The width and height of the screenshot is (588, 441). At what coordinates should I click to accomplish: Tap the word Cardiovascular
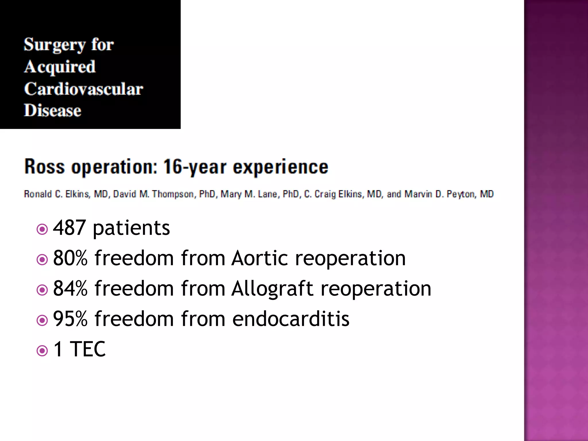[83, 89]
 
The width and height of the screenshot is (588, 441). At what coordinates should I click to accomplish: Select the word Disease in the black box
[53, 111]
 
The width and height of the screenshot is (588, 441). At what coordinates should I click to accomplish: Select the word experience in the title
[280, 167]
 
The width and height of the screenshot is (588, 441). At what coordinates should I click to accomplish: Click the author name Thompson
[173, 194]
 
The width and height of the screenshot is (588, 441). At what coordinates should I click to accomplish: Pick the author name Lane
[267, 194]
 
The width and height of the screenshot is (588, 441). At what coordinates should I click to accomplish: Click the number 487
[69, 228]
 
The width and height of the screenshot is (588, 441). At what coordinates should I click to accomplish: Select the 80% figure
[70, 258]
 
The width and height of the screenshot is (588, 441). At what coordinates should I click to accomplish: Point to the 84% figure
[70, 289]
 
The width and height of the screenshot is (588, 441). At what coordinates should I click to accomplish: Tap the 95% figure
[70, 319]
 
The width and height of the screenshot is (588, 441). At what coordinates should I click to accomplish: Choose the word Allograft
[272, 289]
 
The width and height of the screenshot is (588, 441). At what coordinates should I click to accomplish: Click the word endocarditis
[291, 319]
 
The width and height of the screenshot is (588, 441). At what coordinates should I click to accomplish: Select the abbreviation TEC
[88, 349]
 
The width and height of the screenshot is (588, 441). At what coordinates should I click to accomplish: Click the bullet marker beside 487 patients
[42, 229]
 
